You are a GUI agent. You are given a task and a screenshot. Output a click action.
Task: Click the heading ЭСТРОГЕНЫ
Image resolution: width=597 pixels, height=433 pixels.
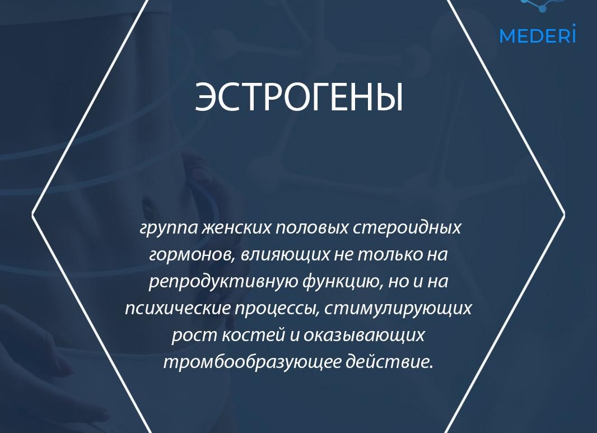(299, 97)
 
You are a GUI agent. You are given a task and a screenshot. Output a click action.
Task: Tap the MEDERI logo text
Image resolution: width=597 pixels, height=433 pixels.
(537, 36)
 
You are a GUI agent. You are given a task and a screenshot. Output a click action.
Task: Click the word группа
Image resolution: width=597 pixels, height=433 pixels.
(169, 228)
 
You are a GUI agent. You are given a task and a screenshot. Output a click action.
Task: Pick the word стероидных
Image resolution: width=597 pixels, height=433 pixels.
(407, 227)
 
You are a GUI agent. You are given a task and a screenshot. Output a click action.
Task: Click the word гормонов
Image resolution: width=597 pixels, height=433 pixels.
(192, 254)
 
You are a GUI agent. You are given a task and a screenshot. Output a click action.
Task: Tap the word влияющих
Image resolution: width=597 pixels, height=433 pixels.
(285, 254)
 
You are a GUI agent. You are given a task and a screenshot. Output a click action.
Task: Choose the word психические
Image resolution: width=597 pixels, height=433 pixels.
(177, 308)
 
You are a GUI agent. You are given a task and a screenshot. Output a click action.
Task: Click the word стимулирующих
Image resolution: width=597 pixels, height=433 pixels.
(398, 308)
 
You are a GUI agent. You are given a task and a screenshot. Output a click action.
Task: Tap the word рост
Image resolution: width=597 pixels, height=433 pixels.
(194, 335)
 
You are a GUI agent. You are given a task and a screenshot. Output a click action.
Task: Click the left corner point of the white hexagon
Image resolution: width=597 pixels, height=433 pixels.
(33, 214)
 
